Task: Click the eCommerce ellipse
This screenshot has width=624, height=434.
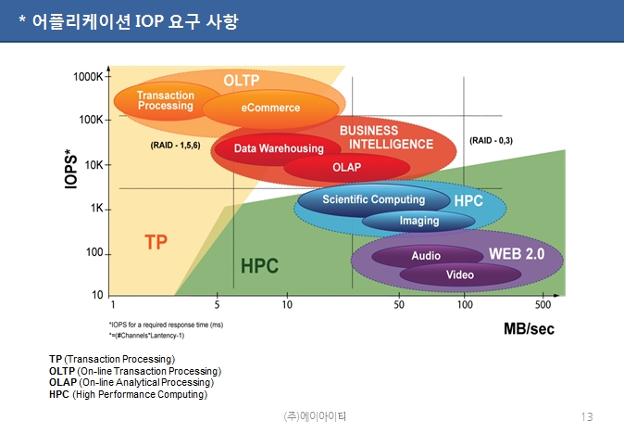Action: pos(270,108)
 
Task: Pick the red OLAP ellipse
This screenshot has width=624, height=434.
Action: pos(346,167)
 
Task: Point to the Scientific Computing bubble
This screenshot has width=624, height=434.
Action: pos(374,199)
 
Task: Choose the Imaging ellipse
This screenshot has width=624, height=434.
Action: pos(418,222)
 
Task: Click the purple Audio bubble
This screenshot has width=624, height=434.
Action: pos(427,256)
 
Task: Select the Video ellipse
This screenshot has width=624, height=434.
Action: pos(460,274)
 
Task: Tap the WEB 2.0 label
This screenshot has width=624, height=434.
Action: pos(517,254)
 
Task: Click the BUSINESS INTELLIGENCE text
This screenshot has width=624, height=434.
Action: pos(386,137)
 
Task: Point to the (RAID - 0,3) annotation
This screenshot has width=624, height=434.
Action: pos(491,140)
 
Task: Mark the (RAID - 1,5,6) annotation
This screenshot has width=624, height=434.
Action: pos(175,145)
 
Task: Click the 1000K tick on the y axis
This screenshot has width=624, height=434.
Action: pos(88,77)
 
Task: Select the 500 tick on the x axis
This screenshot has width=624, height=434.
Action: pos(543,305)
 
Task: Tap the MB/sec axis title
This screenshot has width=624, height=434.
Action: pos(529,329)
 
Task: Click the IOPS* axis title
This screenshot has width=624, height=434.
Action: pos(71,169)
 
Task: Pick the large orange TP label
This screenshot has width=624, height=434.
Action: pos(156,242)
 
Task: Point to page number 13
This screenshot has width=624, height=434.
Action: pos(587,417)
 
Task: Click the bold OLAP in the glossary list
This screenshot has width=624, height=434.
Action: pos(63,383)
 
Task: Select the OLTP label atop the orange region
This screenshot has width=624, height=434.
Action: pos(241,81)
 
